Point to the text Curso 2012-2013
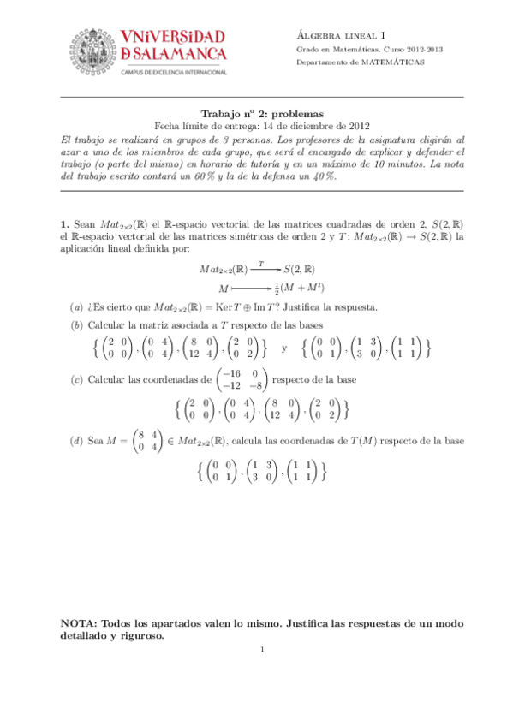(x=401, y=50)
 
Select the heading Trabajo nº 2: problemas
(x=261, y=113)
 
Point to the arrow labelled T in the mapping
(x=260, y=268)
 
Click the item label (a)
(x=76, y=306)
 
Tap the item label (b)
(x=76, y=325)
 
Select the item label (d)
(x=76, y=441)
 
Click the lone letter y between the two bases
(x=285, y=348)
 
